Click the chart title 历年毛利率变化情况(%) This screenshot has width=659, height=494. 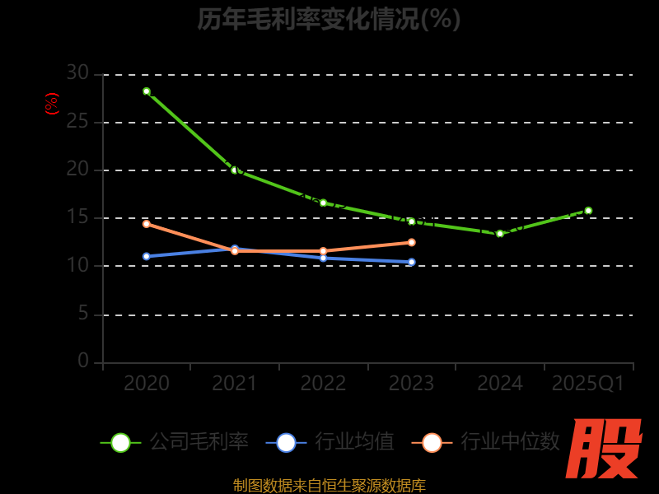tap(329, 19)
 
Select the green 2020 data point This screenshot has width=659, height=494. tap(147, 91)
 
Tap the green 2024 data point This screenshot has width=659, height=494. tap(500, 234)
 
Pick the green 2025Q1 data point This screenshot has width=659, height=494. tap(588, 211)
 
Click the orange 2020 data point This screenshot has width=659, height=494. tap(147, 224)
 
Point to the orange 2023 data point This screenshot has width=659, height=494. tap(412, 242)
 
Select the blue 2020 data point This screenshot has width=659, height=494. tap(147, 256)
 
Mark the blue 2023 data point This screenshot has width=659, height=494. tap(412, 262)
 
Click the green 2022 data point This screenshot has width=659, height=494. tap(323, 203)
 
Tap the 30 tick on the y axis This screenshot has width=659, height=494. tap(77, 73)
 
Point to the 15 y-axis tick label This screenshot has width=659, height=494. tap(77, 217)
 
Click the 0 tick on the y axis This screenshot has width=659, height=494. tap(83, 361)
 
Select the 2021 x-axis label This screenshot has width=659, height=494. tap(235, 384)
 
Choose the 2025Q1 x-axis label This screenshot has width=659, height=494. tap(588, 384)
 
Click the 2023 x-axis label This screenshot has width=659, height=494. tap(412, 384)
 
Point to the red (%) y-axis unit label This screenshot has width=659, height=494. tap(52, 104)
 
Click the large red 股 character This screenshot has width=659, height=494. tap(605, 449)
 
